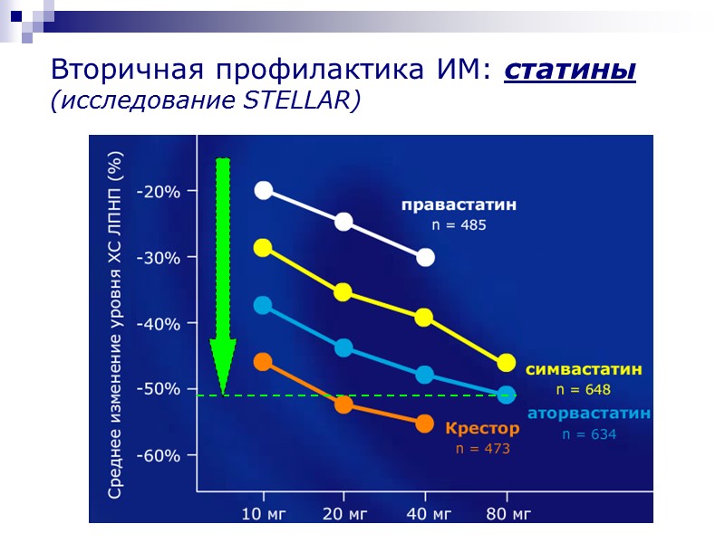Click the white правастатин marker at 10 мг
(264, 190)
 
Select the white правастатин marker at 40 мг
(425, 258)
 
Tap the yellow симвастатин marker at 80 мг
(506, 363)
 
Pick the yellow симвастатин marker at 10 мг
(264, 248)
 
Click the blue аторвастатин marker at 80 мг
(506, 395)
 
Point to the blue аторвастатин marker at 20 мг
(343, 348)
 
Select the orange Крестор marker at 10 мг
(264, 362)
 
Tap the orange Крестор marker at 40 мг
(425, 424)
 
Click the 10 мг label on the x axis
(264, 514)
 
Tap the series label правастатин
(459, 205)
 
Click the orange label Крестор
(482, 428)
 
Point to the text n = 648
(584, 390)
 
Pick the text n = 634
(589, 434)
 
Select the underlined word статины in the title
(569, 70)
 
